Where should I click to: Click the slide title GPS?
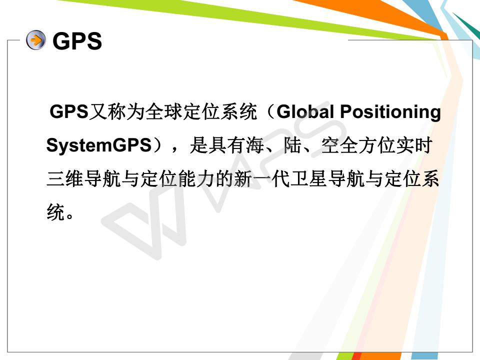77,41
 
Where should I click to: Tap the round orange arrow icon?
36,40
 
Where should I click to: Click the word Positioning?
390,112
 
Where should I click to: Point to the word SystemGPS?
99,145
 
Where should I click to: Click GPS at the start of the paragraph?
69,111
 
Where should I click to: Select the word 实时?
414,145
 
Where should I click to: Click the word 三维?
65,179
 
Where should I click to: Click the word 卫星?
309,179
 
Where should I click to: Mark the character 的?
225,179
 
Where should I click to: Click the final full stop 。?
69,215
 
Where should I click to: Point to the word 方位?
377,145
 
